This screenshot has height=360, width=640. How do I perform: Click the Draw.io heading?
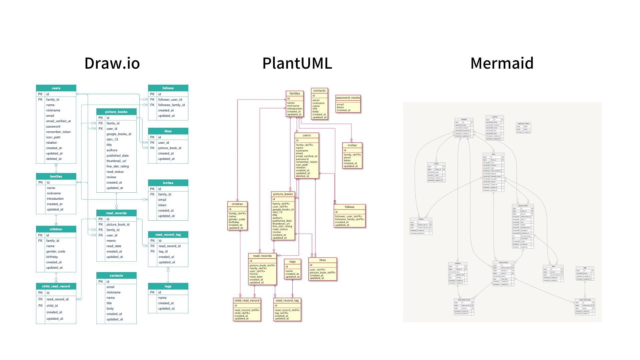(112, 63)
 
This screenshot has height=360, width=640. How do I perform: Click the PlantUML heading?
(297, 63)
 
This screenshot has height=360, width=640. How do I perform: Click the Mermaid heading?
(502, 63)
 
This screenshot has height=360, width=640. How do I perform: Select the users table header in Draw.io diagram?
(56, 88)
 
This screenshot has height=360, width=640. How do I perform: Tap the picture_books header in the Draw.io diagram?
(116, 112)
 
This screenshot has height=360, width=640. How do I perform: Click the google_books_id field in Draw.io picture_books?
(119, 134)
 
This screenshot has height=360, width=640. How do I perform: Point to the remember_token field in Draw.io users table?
(58, 132)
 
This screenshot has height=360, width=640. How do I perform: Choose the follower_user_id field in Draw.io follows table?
(170, 100)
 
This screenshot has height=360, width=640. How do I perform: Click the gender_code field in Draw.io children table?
(56, 252)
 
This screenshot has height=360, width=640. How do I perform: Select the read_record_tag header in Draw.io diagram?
(168, 235)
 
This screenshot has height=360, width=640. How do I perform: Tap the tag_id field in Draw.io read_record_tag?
(163, 252)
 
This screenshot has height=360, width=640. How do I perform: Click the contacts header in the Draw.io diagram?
(116, 276)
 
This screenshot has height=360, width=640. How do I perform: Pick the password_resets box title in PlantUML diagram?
(348, 98)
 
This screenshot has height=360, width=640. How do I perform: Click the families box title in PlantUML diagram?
(295, 94)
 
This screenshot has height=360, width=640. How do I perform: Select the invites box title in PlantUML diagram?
(352, 145)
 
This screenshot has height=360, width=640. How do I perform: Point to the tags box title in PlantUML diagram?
(292, 262)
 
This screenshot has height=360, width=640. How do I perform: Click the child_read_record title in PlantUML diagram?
(247, 301)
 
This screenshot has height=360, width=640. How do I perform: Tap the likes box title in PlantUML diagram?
(322, 260)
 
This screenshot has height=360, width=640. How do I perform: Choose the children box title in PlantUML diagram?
(237, 204)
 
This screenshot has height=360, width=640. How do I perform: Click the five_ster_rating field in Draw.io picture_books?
(117, 166)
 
